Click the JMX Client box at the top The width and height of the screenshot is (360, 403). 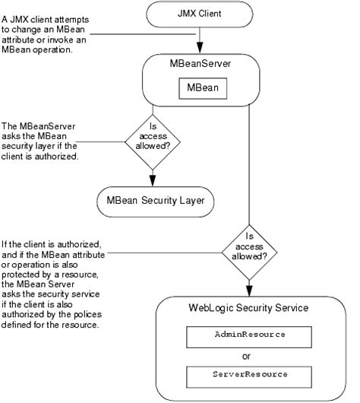pyautogui.click(x=201, y=13)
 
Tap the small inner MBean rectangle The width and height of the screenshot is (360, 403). pyautogui.click(x=201, y=88)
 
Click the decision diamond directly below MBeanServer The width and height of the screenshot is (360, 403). pyautogui.click(x=153, y=141)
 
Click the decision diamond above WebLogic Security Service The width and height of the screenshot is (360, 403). pyautogui.click(x=249, y=245)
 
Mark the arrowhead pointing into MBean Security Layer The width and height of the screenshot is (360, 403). pyautogui.click(x=153, y=179)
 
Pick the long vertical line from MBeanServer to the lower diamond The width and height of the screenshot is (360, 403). pyautogui.click(x=249, y=167)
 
